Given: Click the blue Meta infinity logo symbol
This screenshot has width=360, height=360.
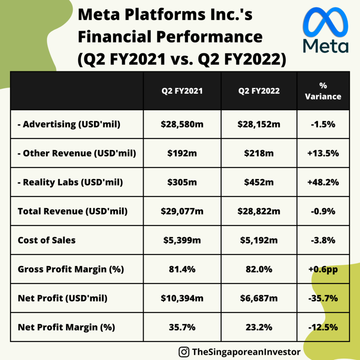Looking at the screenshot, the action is pyautogui.click(x=325, y=22).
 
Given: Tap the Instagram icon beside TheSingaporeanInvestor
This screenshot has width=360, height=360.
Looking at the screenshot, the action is pyautogui.click(x=184, y=352).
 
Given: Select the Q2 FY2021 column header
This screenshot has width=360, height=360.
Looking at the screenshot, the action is pyautogui.click(x=182, y=91).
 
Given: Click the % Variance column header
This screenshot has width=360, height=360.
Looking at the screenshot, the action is pyautogui.click(x=323, y=91).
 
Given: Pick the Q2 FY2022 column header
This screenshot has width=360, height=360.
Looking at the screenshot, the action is pyautogui.click(x=259, y=91).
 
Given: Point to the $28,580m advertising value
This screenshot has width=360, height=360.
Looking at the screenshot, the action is pyautogui.click(x=182, y=124).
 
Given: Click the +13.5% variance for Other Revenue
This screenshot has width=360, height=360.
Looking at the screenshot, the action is pyautogui.click(x=323, y=153).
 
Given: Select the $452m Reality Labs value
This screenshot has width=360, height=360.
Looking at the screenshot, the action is pyautogui.click(x=259, y=182).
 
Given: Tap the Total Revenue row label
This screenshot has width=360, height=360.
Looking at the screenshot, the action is pyautogui.click(x=72, y=211).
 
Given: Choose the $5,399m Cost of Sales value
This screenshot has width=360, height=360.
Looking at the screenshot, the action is pyautogui.click(x=182, y=240).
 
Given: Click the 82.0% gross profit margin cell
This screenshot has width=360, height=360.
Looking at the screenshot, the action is pyautogui.click(x=259, y=269).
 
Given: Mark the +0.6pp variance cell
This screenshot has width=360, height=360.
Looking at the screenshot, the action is pyautogui.click(x=323, y=270).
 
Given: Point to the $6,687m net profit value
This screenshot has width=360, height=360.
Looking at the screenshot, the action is pyautogui.click(x=259, y=298).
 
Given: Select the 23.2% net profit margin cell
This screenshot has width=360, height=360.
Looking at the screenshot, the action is pyautogui.click(x=259, y=327).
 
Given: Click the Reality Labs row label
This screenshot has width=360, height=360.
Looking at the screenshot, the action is pyautogui.click(x=70, y=182).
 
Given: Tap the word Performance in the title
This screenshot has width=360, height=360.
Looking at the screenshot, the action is pyautogui.click(x=209, y=37).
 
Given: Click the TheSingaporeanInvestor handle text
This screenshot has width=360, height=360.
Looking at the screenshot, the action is pyautogui.click(x=246, y=352).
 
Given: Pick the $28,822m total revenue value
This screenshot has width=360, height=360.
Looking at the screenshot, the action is pyautogui.click(x=259, y=211).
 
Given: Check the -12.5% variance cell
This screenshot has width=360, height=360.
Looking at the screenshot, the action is pyautogui.click(x=323, y=327).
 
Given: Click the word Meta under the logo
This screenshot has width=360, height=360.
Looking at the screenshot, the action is pyautogui.click(x=326, y=46).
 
